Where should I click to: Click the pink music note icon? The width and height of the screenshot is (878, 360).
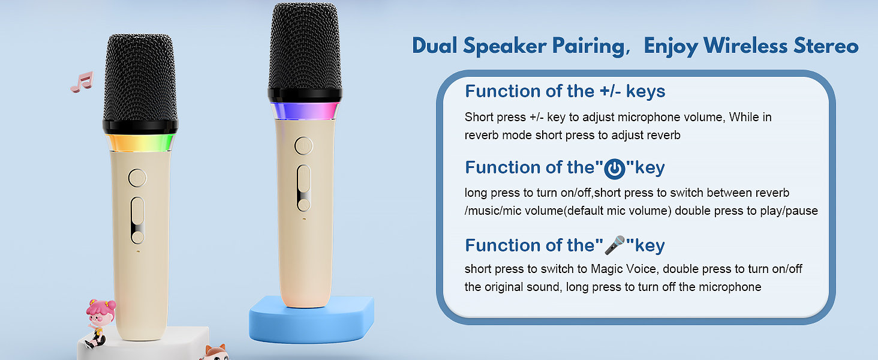(x=82, y=82)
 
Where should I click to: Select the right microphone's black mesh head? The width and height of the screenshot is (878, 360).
(x=305, y=46)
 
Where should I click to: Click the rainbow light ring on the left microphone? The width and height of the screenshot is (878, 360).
(x=140, y=143)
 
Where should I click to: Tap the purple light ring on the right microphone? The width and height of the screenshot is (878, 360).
(x=305, y=110)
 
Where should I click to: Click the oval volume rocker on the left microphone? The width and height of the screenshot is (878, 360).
(x=137, y=220)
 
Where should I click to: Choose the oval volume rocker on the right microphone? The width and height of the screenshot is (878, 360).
(x=304, y=188)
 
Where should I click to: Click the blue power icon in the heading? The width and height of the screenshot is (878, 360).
(x=614, y=169)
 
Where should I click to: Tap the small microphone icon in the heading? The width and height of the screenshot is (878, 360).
(x=614, y=245)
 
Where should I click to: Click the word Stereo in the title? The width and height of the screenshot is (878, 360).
(x=826, y=46)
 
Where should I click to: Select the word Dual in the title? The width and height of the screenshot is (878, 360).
(x=435, y=46)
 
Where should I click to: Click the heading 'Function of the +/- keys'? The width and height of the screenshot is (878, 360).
(x=565, y=91)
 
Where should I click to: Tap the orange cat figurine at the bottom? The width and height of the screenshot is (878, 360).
(x=215, y=353)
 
